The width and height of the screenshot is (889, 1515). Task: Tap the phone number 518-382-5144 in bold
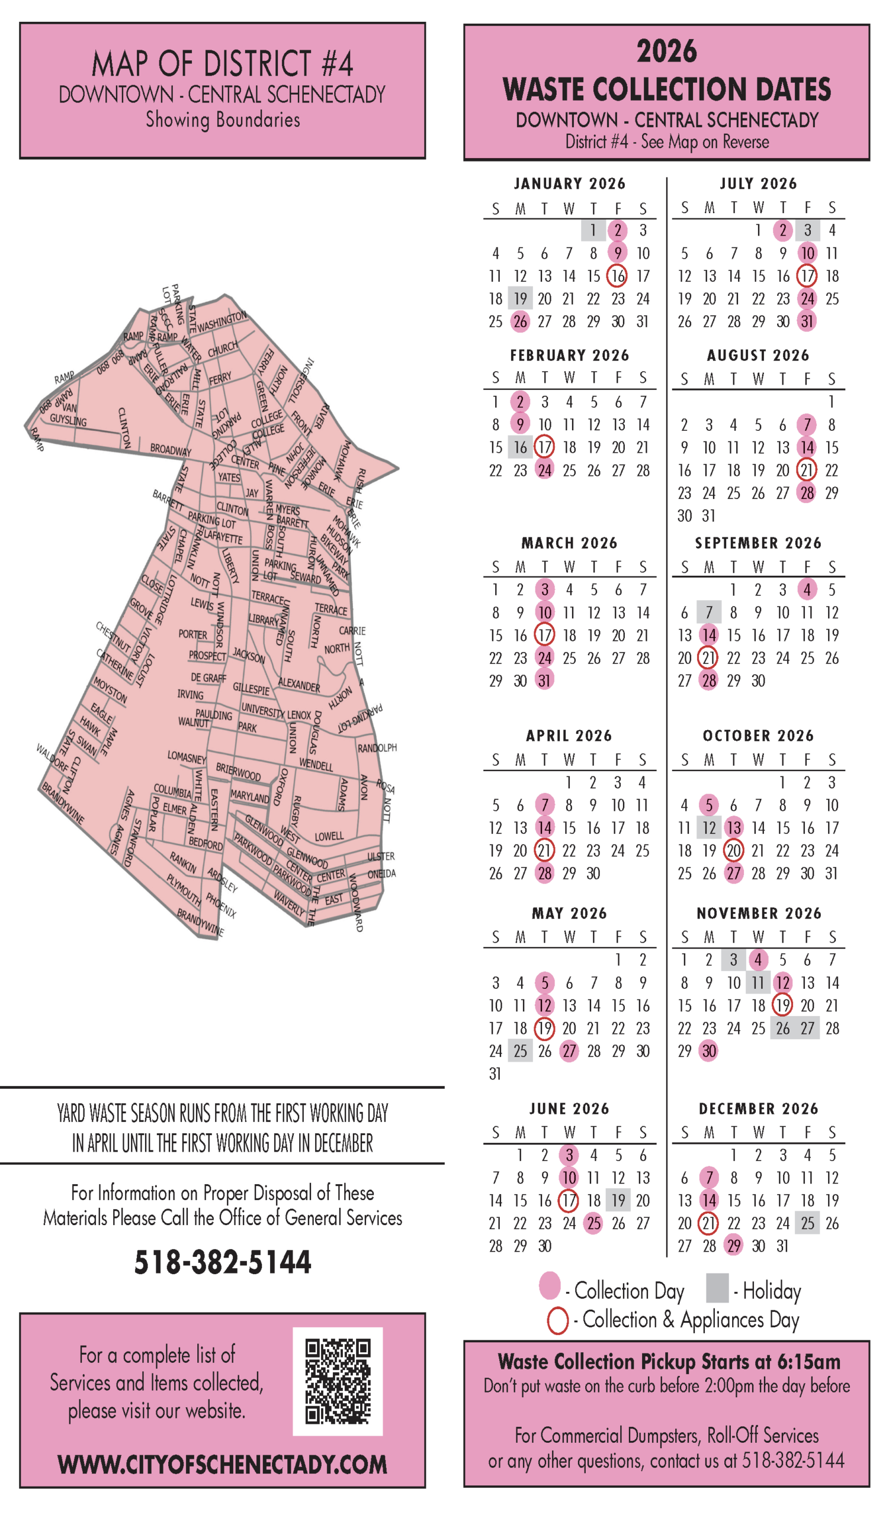(x=223, y=1262)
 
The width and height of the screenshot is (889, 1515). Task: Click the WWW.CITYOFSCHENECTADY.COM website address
(x=223, y=1465)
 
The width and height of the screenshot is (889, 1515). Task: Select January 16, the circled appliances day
(x=618, y=276)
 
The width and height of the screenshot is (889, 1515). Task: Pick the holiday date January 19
(x=520, y=299)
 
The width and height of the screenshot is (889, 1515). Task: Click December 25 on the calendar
(x=807, y=1223)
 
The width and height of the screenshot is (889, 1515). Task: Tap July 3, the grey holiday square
(x=807, y=230)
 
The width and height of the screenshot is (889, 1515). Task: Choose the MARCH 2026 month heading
(x=569, y=543)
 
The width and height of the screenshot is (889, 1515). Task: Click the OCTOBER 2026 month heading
(x=758, y=736)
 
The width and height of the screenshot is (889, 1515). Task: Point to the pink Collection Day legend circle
(x=550, y=1285)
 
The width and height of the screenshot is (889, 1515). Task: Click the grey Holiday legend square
(x=717, y=1287)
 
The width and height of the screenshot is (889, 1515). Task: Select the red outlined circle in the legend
(x=557, y=1321)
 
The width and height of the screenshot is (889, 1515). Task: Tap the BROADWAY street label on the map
(x=171, y=450)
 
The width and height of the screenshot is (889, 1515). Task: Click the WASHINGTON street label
(x=222, y=321)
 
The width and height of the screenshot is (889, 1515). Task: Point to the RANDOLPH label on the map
(x=377, y=748)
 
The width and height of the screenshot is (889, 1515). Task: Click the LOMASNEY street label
(x=187, y=757)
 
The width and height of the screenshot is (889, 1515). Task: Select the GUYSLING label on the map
(x=68, y=420)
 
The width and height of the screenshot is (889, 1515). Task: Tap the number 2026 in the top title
(x=666, y=51)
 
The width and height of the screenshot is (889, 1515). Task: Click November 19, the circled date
(x=782, y=1005)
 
